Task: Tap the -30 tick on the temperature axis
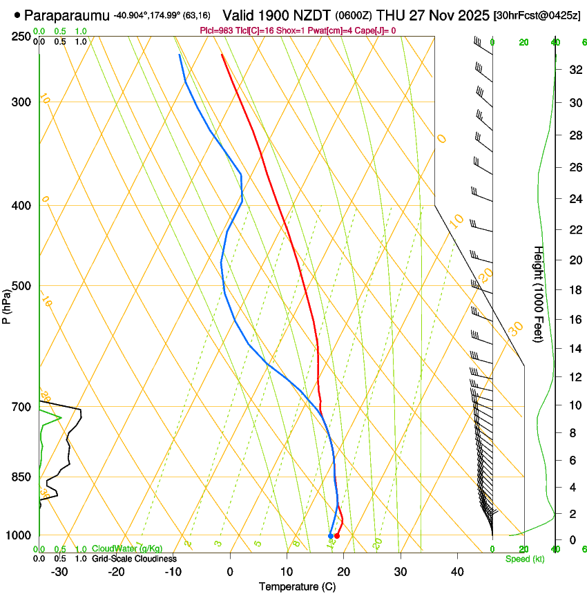coord(59,571)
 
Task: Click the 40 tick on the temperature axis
coord(456,571)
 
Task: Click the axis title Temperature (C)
coord(297,586)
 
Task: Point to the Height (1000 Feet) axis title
coord(539,294)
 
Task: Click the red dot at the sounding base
coord(337,536)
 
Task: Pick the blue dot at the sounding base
coord(331,536)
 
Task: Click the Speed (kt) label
coord(524,559)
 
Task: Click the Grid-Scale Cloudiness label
coord(134,559)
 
